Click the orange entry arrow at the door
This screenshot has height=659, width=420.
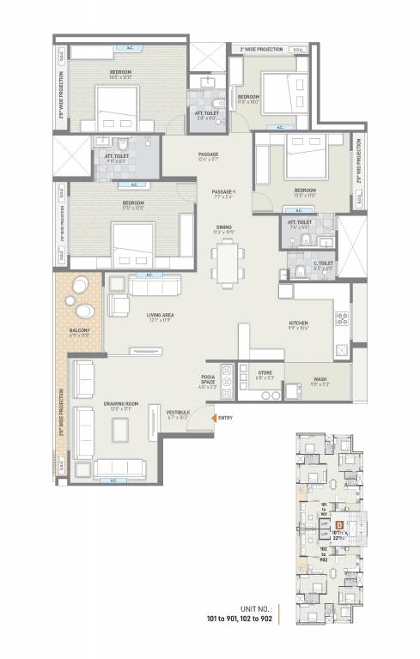pos(213,418)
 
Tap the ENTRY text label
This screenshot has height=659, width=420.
pos(226,418)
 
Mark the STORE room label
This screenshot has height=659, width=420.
pos(265,373)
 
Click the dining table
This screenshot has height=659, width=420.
pos(227,262)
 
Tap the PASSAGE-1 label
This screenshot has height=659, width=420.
pos(223,193)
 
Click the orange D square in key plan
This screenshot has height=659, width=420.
pos(340,523)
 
